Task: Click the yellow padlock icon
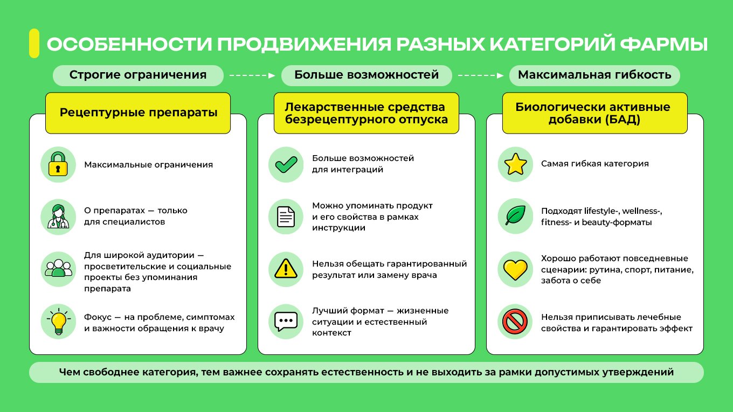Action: tap(58, 164)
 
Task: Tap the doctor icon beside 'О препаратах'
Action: tap(58, 217)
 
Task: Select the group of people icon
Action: tap(58, 269)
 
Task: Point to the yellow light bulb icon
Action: tap(59, 322)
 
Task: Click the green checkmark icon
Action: tap(286, 164)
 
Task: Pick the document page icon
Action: tap(286, 217)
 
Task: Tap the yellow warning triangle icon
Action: tap(286, 269)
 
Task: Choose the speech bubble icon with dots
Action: tap(286, 322)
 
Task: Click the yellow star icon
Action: tap(515, 164)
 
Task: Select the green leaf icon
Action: tap(515, 215)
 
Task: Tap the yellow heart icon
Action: tap(515, 270)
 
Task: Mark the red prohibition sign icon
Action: tap(515, 322)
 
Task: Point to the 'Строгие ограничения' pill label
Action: tap(138, 75)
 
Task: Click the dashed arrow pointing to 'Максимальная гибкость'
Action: tap(481, 75)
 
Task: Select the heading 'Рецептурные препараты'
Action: tap(138, 113)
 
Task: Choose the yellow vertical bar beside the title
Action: tap(34, 43)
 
